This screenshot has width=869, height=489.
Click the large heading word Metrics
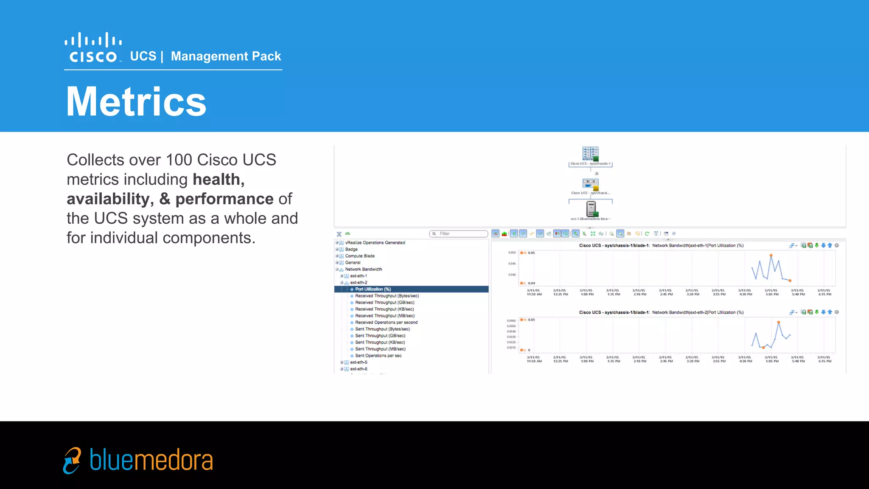pos(136,101)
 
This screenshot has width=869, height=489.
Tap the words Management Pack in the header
pos(226,56)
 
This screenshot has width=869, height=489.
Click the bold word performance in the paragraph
pos(224,199)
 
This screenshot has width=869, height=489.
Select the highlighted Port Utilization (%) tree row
pos(373,289)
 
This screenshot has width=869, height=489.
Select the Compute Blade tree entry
pos(359,256)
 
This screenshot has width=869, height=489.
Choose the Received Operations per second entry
pos(386,322)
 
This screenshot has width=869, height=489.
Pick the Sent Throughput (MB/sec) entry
pos(380,349)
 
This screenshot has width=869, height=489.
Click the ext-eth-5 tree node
pos(359,362)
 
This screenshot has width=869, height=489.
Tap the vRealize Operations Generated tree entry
pos(375,243)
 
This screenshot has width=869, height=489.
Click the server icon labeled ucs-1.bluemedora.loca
pos(591,209)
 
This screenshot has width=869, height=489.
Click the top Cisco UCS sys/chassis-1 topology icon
pos(590,153)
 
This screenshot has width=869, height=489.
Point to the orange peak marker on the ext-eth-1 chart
pos(771,255)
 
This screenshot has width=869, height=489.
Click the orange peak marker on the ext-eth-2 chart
pos(779,322)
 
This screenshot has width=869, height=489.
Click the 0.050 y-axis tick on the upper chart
pos(512,253)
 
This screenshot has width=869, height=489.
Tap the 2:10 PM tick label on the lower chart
pos(639,359)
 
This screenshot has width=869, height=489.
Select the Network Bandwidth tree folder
pos(363,269)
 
